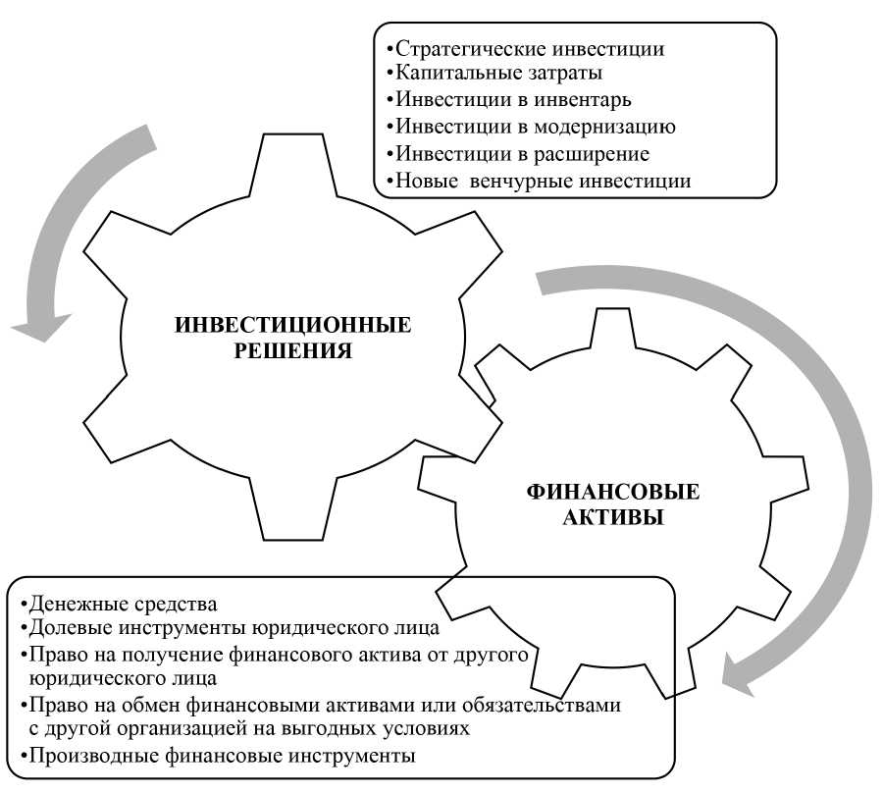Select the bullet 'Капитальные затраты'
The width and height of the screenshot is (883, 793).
[x=499, y=74]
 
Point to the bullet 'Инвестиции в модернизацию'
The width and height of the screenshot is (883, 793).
[x=536, y=127]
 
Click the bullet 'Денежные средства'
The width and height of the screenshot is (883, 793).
[x=123, y=602]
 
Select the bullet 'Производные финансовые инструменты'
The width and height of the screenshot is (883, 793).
[x=222, y=756]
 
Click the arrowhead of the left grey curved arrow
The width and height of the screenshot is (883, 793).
[x=39, y=325]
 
